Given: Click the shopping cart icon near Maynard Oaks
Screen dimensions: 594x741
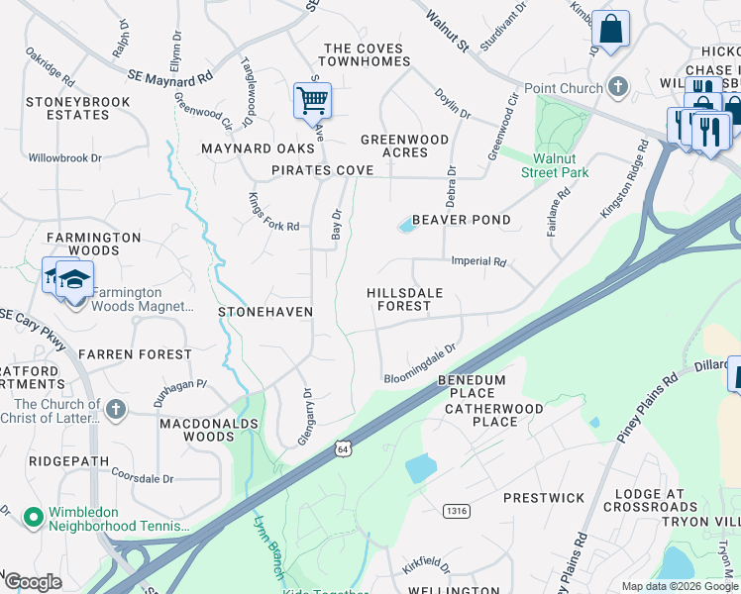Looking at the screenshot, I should tap(312, 99).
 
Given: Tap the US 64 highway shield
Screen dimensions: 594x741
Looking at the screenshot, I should tap(343, 448).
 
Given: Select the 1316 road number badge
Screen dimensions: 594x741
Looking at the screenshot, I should tap(456, 511).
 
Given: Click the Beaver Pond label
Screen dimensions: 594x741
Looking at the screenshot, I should tap(461, 220).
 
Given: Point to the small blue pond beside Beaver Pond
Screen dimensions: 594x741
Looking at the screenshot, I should tap(406, 227).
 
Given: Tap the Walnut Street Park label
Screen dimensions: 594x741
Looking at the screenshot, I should tap(555, 165).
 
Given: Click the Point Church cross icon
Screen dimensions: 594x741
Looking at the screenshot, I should tap(618, 87).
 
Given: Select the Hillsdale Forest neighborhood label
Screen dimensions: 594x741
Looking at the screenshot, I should tap(403, 300).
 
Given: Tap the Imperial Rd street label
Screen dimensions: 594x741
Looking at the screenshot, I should tap(478, 262).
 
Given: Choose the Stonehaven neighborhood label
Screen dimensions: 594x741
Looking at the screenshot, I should tap(265, 312).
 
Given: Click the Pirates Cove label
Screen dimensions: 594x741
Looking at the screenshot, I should tap(323, 170).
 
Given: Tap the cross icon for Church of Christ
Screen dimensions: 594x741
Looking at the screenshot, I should tap(116, 408).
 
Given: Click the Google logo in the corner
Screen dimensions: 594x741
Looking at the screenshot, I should tap(34, 581).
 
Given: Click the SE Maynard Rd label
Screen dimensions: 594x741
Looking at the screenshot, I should tap(170, 75).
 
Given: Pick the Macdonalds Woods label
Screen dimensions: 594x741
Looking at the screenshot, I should tap(209, 430).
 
